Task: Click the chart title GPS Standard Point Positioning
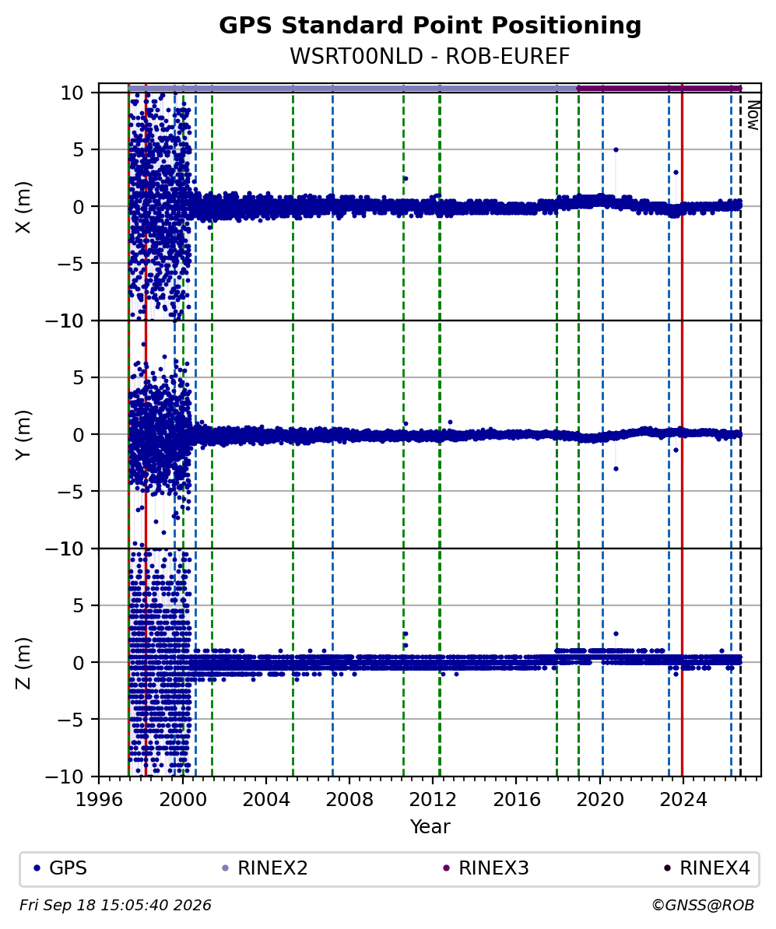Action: [x=430, y=26]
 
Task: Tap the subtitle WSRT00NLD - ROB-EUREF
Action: [x=430, y=56]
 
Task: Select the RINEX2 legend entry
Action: [x=265, y=868]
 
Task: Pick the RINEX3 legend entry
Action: [x=486, y=868]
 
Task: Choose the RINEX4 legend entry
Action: [x=707, y=868]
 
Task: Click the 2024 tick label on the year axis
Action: [x=683, y=800]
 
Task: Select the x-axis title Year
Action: [x=430, y=826]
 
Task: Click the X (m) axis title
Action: [x=23, y=207]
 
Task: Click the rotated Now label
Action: [x=753, y=115]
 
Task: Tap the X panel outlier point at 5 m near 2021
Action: [x=616, y=149]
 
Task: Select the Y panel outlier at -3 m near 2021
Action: [x=616, y=468]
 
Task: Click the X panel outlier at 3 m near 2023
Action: [x=676, y=173]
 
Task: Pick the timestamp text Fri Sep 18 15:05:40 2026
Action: [x=115, y=906]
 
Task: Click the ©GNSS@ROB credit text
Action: [x=703, y=906]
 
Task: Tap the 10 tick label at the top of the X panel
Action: [x=72, y=93]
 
